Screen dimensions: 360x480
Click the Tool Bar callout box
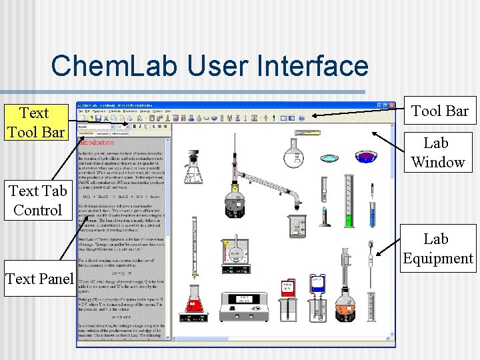pyautogui.click(x=439, y=111)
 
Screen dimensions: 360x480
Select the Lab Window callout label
pyautogui.click(x=437, y=152)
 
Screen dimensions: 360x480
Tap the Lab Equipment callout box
pyautogui.click(x=438, y=248)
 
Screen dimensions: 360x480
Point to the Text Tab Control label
pyautogui.click(x=37, y=200)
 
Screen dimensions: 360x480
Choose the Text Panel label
pyautogui.click(x=39, y=279)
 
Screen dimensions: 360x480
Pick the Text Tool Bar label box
pyautogui.click(x=35, y=122)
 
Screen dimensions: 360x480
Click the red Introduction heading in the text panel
pyautogui.click(x=97, y=142)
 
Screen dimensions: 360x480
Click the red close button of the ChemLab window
pyautogui.click(x=391, y=105)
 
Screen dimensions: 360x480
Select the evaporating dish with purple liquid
pyautogui.click(x=365, y=157)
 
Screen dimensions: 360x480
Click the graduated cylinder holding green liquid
pyautogui.click(x=347, y=200)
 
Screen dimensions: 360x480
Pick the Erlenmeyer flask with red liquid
pyautogui.click(x=194, y=301)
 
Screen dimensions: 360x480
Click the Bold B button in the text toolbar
pyautogui.click(x=135, y=125)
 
